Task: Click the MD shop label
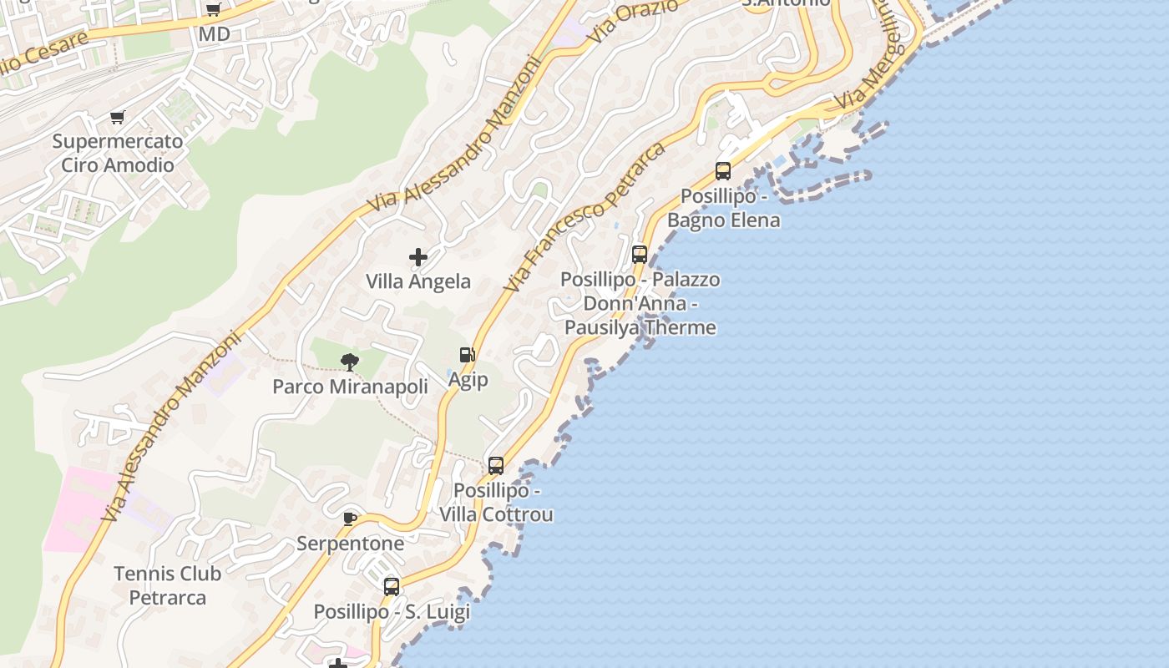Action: (x=214, y=34)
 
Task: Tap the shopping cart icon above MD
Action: (x=213, y=10)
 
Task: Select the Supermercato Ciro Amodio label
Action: (x=118, y=153)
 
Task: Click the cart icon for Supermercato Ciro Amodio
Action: (x=117, y=117)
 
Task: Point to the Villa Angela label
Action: (x=418, y=281)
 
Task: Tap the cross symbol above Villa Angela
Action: (x=418, y=257)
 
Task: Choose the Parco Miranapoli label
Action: (x=350, y=387)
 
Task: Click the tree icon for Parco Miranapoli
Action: (x=350, y=362)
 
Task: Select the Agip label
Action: (x=468, y=380)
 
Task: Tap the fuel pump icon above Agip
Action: (x=468, y=355)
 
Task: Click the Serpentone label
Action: (x=350, y=544)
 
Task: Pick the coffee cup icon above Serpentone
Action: (x=350, y=519)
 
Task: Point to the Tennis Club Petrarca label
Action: (x=167, y=585)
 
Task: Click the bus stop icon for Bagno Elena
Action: (x=723, y=171)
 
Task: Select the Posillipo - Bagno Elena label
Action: (x=723, y=208)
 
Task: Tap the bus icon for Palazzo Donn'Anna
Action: (x=640, y=255)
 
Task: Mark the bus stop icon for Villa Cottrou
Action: (x=496, y=465)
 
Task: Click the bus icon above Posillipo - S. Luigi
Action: (x=392, y=586)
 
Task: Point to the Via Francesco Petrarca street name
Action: (x=584, y=217)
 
